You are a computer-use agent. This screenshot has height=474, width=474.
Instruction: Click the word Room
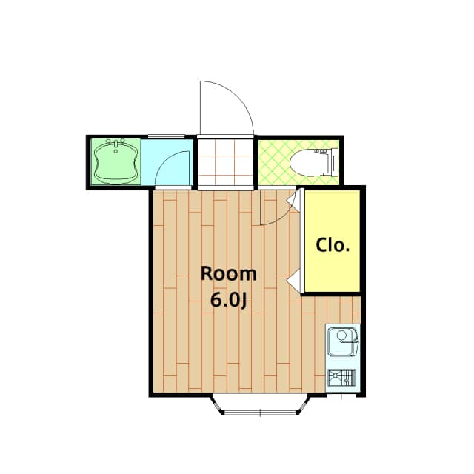point(229,273)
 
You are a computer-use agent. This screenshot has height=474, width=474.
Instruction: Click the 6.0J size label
point(229,300)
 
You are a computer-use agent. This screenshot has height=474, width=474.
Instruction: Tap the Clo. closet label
point(332,245)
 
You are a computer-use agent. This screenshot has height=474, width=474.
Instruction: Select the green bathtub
point(116,162)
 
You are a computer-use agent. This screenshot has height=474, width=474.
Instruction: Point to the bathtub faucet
point(116,144)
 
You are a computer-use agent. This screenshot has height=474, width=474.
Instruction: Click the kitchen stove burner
point(341,378)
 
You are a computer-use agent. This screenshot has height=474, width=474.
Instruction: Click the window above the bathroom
point(166,136)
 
